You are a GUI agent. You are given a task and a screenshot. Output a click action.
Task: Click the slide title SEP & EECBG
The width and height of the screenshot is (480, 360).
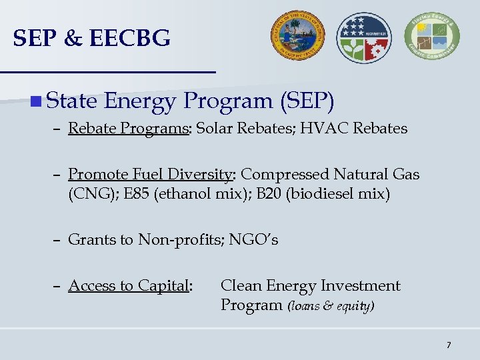tap(92, 39)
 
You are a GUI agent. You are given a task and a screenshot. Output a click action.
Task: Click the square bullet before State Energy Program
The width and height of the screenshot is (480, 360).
tap(36, 101)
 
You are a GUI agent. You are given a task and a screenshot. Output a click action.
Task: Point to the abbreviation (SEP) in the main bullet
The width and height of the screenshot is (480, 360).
tap(307, 101)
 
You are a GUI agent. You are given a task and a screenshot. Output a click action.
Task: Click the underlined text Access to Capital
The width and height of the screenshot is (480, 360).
tap(129, 286)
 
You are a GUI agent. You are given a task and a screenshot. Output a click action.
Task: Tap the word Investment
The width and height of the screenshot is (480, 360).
tap(360, 286)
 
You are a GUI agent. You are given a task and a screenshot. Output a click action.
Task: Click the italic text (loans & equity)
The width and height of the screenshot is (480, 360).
tap(331, 306)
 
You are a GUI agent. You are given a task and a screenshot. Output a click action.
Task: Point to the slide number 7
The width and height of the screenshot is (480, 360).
tap(449, 345)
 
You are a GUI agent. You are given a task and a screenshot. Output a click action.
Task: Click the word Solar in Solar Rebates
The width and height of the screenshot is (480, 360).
tap(215, 128)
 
